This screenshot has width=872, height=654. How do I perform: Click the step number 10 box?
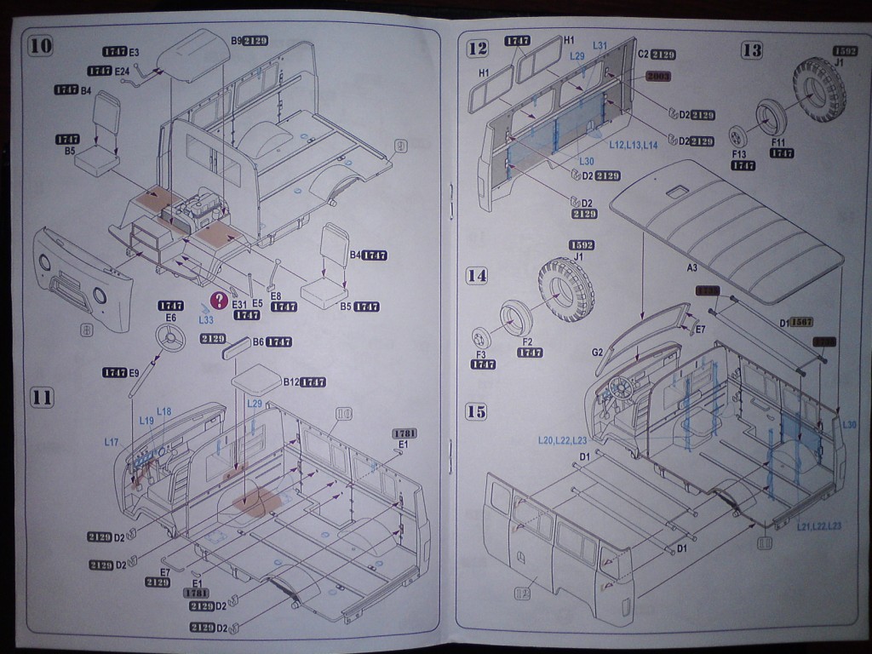(41, 46)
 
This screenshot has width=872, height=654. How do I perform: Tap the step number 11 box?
(42, 397)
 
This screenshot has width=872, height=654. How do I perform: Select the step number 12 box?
(478, 49)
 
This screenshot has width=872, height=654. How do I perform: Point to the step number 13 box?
(751, 49)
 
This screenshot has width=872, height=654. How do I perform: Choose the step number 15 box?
(478, 411)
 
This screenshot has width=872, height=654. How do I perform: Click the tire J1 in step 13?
(818, 89)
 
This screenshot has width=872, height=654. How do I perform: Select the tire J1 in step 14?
(566, 289)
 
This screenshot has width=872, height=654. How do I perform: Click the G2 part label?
(597, 351)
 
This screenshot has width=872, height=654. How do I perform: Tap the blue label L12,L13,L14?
(633, 146)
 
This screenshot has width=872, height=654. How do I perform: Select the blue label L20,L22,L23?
(562, 440)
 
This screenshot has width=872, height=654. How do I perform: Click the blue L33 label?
(205, 319)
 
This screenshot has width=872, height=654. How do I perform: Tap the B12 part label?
(291, 382)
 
